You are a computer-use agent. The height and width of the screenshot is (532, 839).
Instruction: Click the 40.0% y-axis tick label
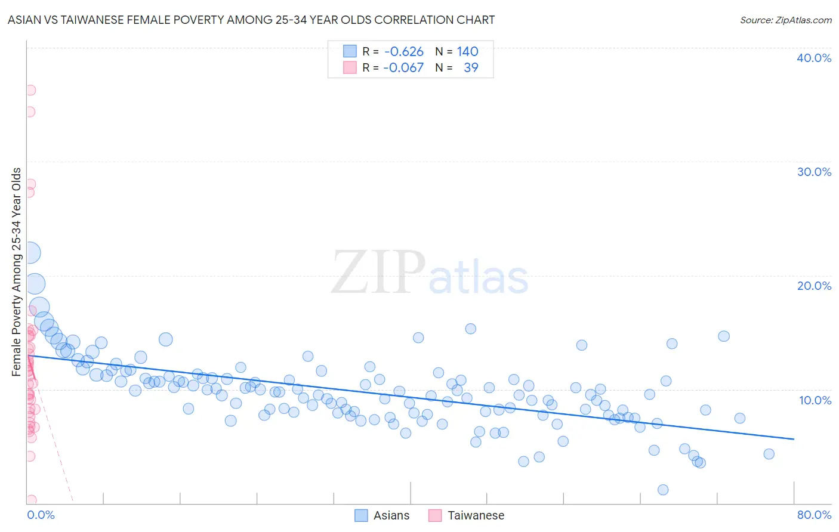813,58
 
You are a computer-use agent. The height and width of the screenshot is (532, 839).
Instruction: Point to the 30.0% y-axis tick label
813,172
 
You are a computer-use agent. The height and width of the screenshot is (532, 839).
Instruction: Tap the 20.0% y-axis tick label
813,286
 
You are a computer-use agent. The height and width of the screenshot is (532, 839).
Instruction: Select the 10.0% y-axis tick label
815,400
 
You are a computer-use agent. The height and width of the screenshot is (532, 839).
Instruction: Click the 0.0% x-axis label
41,515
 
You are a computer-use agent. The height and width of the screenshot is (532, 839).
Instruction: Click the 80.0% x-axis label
814,515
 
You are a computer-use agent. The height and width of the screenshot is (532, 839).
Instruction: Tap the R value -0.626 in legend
404,52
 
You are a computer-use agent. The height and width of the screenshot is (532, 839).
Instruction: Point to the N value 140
468,52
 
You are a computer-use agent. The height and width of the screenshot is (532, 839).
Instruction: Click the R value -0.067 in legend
403,68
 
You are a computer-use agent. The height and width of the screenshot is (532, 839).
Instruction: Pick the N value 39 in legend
471,68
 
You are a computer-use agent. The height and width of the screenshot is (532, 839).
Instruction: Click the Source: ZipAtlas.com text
785,20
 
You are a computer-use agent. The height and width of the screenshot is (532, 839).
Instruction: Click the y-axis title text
17,272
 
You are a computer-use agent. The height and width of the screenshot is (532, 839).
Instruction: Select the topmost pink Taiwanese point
30,90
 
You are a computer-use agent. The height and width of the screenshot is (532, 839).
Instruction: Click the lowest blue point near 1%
662,490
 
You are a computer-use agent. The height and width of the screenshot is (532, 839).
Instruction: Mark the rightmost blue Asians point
769,454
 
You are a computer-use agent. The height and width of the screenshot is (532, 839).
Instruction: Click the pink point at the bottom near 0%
31,500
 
